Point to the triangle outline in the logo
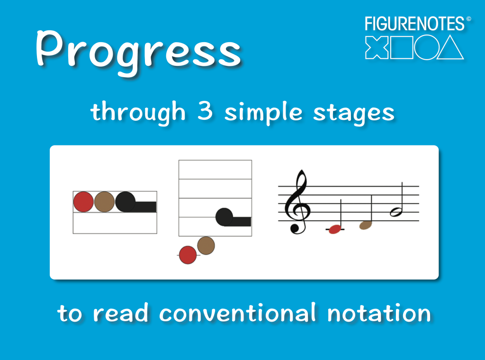(x=450, y=48)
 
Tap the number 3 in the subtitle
(x=205, y=112)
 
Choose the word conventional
(x=237, y=313)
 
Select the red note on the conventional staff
(x=335, y=229)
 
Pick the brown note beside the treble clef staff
(x=366, y=225)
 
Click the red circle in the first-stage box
(x=83, y=202)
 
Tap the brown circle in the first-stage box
(x=104, y=202)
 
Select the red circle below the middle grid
(x=188, y=255)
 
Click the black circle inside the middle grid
(x=225, y=217)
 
